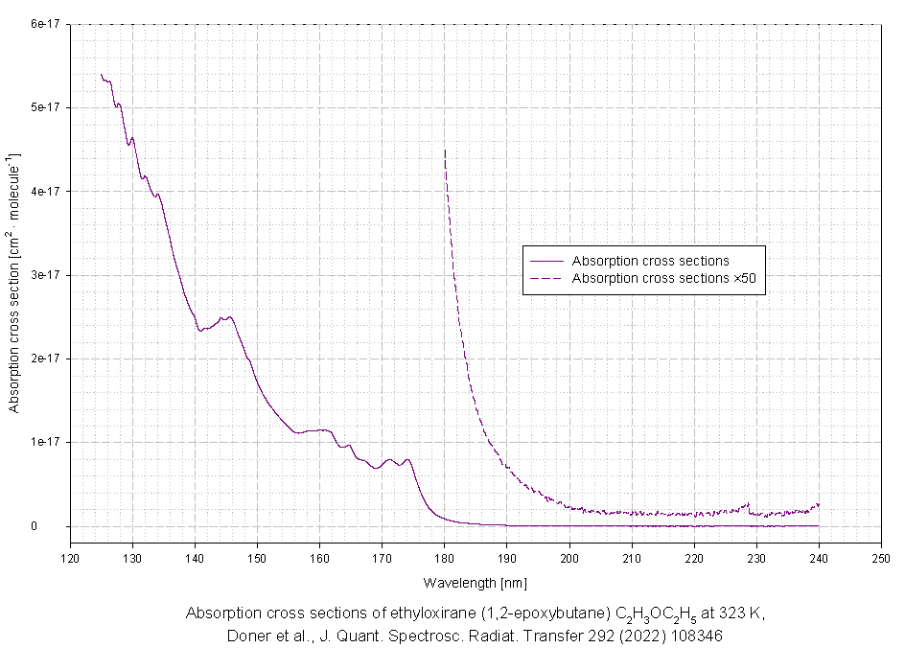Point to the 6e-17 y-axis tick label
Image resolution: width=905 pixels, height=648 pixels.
[46, 24]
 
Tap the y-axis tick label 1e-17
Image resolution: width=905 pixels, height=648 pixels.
[46, 442]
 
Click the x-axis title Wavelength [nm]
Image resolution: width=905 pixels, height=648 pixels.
[475, 582]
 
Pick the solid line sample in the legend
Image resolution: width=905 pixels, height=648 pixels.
[545, 261]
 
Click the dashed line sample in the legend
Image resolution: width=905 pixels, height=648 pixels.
[545, 278]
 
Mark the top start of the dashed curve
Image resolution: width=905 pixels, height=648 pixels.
[445, 150]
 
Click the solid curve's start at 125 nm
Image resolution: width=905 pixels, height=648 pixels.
[102, 75]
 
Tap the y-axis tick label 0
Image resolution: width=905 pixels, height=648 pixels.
[60, 525]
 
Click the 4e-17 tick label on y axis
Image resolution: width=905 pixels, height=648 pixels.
[46, 191]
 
